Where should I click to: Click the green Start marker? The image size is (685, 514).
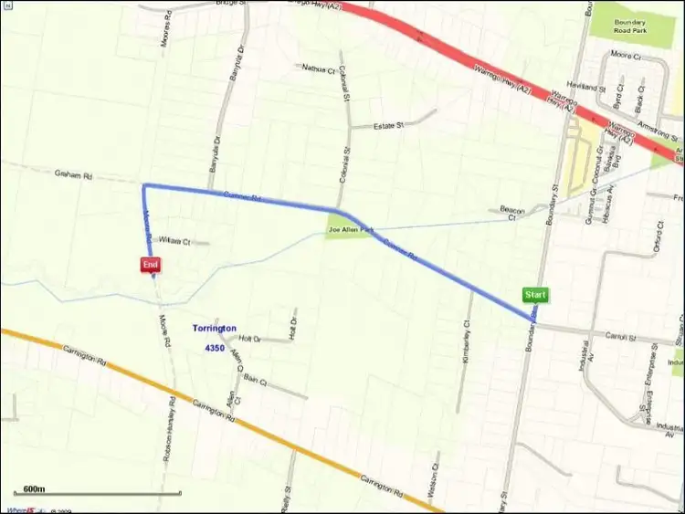pos(536,295)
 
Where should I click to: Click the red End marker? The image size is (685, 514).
pos(151,264)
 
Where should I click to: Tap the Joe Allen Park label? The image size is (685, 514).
pos(352,230)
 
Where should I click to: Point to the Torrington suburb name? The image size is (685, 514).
pos(215,328)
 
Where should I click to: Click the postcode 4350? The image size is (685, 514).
pos(215,348)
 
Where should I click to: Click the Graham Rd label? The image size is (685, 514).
pos(74,173)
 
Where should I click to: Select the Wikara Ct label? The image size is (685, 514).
pos(174,241)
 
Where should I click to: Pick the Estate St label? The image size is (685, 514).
pos(389,126)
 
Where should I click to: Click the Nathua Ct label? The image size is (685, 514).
pos(318,68)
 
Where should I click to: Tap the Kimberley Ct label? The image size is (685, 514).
pos(467,340)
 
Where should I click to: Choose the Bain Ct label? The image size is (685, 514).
pos(255,379)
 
